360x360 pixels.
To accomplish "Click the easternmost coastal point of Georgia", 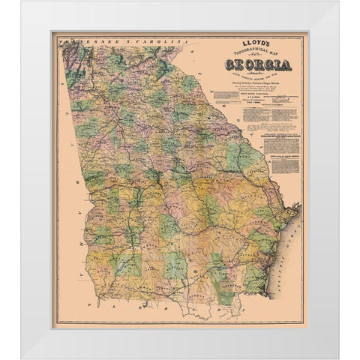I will (x=298, y=206).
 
